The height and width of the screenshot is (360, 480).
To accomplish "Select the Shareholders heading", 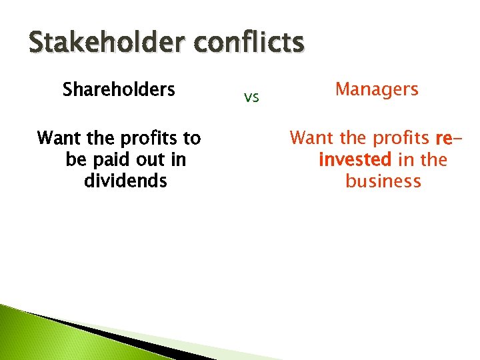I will click(119, 89).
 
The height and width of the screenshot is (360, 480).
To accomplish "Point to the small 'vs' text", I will click(251, 98).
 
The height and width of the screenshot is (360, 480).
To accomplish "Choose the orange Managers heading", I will click(377, 89).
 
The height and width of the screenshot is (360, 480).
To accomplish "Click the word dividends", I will click(125, 181).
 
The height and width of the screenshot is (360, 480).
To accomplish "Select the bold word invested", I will click(355, 160).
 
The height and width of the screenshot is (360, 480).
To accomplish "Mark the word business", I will click(383, 181).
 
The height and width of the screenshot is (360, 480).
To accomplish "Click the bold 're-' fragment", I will click(447, 139).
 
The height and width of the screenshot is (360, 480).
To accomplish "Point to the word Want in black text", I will click(59, 138).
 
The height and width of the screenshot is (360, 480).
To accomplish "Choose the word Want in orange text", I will click(311, 139).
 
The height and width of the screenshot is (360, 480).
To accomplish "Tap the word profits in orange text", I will click(400, 139).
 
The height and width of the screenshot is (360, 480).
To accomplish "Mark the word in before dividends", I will click(178, 160).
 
